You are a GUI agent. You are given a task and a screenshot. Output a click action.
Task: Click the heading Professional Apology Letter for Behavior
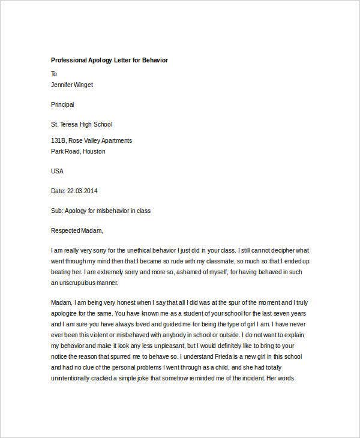click(x=109, y=61)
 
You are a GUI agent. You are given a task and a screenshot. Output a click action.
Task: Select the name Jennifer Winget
click(x=72, y=85)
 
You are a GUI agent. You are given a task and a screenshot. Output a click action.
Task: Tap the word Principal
click(x=62, y=104)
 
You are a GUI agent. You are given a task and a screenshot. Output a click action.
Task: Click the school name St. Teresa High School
click(x=82, y=124)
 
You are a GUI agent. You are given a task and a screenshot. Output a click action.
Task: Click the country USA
click(x=57, y=171)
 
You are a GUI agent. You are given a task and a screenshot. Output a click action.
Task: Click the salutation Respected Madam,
click(x=77, y=230)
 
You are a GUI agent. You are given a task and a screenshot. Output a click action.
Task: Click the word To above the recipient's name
click(x=54, y=74)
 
